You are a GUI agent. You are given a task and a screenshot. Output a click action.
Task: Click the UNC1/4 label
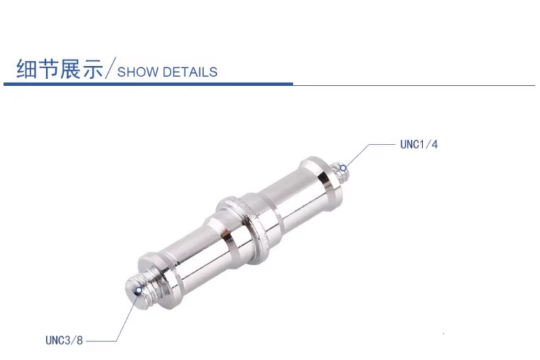pos(419,144)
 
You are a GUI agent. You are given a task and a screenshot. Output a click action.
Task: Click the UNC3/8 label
pos(64,340)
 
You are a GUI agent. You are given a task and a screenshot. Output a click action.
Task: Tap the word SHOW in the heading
pos(138,72)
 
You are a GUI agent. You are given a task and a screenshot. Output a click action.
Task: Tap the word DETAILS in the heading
pos(190,72)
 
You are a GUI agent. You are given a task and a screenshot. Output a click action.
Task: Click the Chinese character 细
pos(26,69)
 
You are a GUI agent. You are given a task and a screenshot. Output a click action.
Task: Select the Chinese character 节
pos(48,69)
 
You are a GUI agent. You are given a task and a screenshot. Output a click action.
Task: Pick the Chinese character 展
pos(70,69)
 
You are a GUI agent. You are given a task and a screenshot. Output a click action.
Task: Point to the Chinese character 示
pos(92,69)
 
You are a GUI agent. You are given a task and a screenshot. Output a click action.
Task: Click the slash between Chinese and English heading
pos(110,68)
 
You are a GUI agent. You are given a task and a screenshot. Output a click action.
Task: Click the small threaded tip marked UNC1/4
pos(338,174)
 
